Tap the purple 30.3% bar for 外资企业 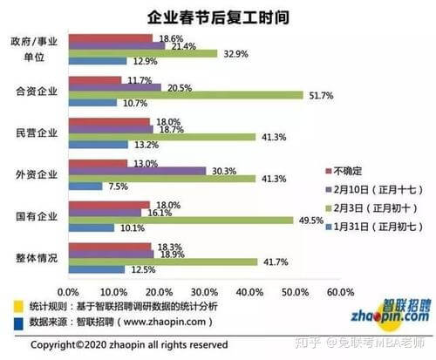click(x=137, y=172)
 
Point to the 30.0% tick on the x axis click(x=203, y=290)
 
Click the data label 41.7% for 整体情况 click(x=273, y=262)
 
